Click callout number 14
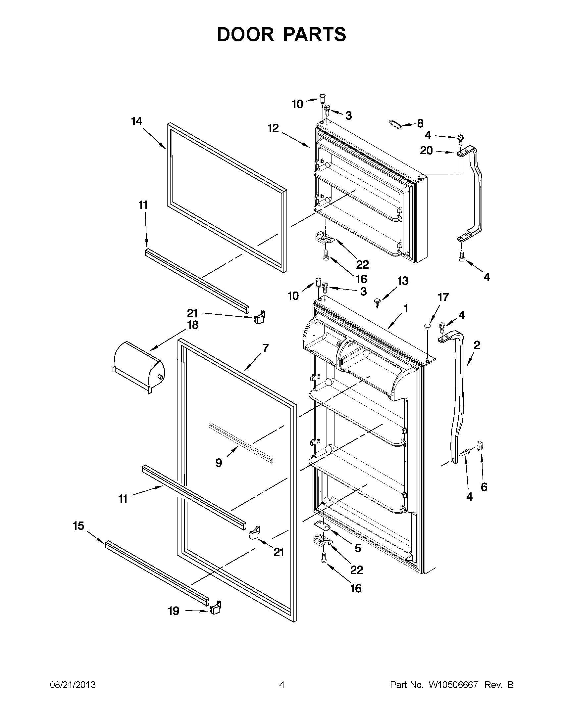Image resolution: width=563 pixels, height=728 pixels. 137,121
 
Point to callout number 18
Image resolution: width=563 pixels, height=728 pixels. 193,325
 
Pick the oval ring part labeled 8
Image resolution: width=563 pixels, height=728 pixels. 396,124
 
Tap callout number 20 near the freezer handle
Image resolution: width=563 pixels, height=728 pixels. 426,151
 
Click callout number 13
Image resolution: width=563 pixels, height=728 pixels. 403,281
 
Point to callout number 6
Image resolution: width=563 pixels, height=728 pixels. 484,487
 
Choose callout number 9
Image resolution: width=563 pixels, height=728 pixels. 219,463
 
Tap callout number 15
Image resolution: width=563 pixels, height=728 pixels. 79,526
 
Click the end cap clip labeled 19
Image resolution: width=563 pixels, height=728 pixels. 216,607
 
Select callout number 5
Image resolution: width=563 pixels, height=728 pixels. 358,548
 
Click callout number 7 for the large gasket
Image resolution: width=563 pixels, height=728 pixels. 265,348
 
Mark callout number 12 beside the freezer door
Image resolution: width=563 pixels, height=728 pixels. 273,128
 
